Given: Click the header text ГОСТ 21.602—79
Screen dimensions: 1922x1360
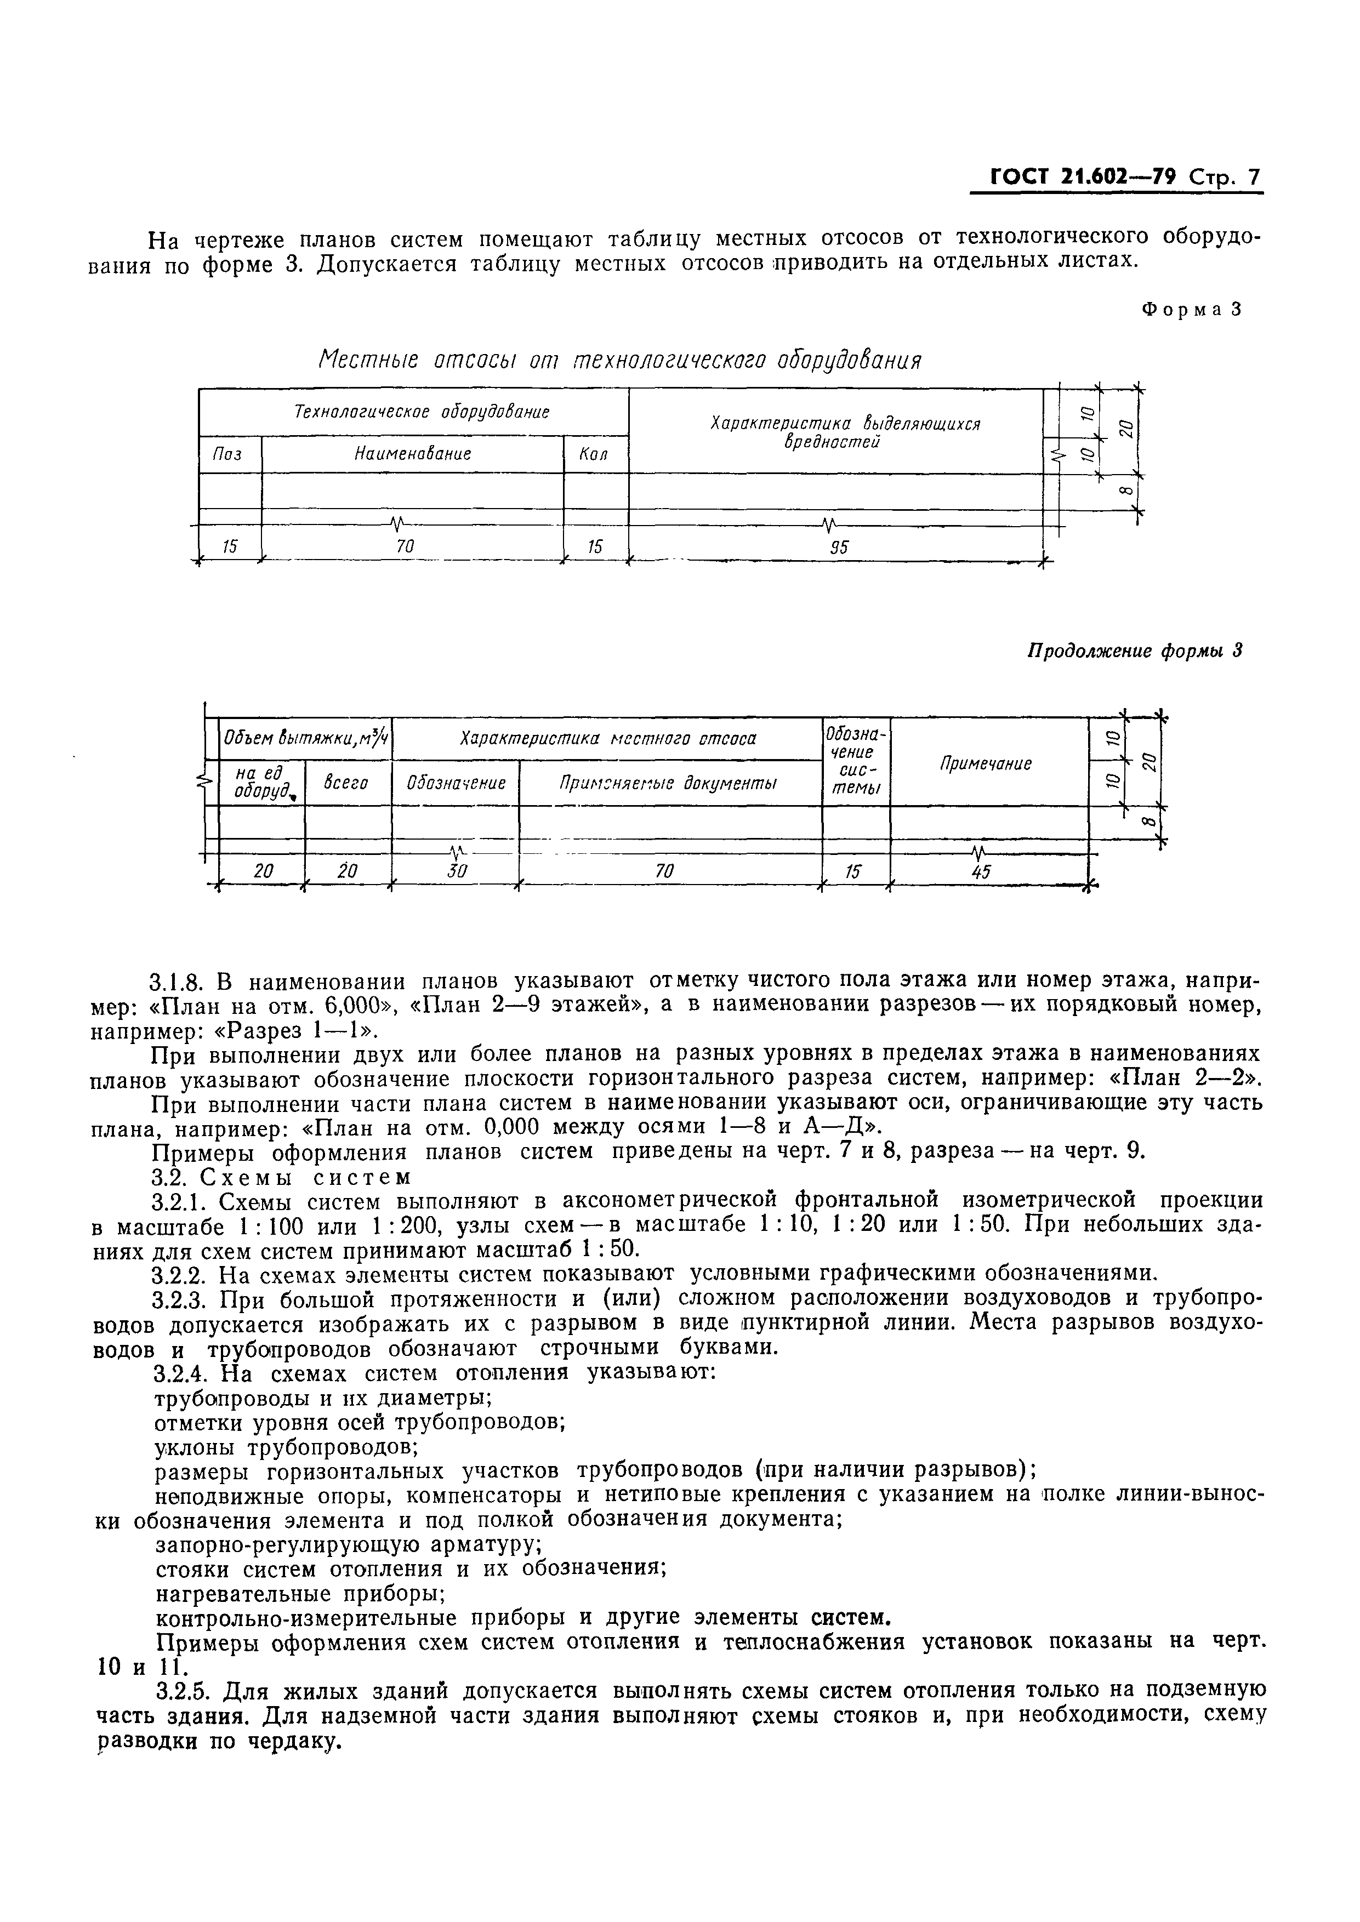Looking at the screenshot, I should (1084, 178).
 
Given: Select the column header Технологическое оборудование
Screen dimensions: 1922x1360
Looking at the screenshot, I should (422, 412).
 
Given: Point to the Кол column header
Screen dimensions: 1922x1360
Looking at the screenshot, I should (593, 454).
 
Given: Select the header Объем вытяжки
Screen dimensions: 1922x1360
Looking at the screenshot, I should (304, 738).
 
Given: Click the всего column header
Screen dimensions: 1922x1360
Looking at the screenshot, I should (346, 783).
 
